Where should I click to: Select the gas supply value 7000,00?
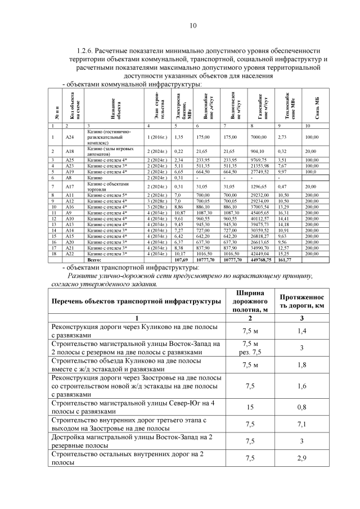coord(259,137)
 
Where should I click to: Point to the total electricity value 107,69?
coord(181,260)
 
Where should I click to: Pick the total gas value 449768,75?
coord(259,260)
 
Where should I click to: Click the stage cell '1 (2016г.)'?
coord(157,137)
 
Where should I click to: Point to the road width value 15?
coord(246,407)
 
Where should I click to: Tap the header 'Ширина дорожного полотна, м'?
coord(246,301)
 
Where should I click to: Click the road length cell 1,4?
coord(301,331)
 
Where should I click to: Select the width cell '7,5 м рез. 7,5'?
coord(246,348)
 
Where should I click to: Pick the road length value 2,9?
coord(301,458)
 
